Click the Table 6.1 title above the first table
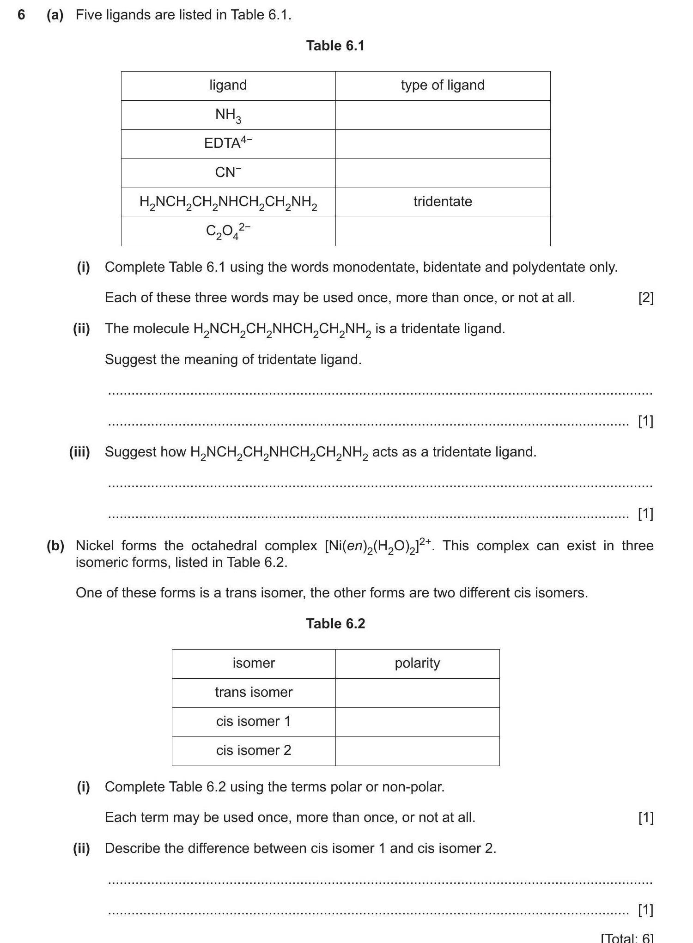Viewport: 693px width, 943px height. tap(335, 46)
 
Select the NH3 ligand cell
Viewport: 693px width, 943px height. tap(228, 115)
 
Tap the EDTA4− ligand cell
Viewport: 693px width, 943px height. tap(228, 143)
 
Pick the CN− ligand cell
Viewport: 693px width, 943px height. tap(228, 172)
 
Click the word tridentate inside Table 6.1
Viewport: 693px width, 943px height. tap(443, 201)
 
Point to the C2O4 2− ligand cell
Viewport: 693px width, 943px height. tap(228, 231)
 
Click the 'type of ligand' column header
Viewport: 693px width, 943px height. tap(443, 85)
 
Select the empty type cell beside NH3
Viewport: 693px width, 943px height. tap(443, 115)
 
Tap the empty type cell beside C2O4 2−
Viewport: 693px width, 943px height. tap(443, 231)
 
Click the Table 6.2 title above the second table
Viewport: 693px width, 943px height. tap(335, 624)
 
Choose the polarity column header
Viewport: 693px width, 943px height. tap(417, 663)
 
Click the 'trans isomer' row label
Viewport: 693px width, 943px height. tap(254, 692)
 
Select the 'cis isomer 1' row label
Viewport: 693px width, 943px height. tap(254, 721)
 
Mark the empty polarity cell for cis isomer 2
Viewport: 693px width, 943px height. tap(417, 751)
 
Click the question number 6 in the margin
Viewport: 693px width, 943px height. tap(21, 15)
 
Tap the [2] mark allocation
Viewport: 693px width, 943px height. tap(645, 298)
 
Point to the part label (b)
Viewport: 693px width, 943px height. tap(55, 546)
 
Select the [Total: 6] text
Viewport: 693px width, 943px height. tap(627, 938)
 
